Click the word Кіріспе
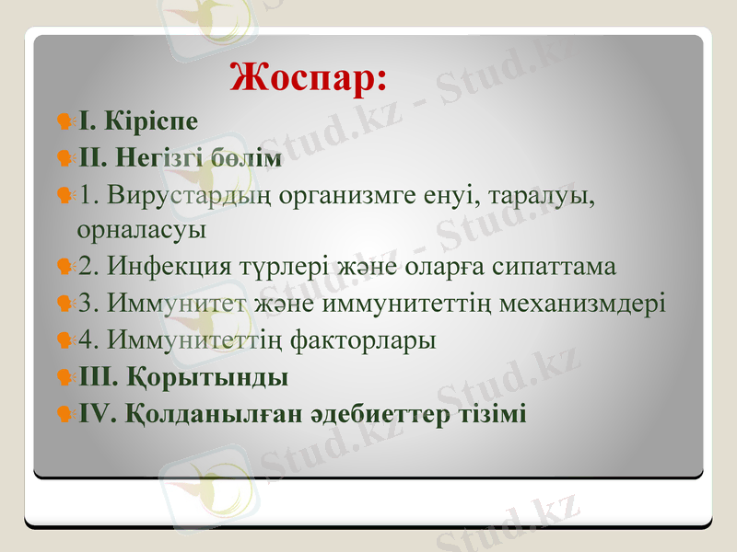(x=152, y=121)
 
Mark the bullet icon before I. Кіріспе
(x=65, y=121)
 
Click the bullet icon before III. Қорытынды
(x=65, y=378)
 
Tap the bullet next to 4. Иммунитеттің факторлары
(x=65, y=341)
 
